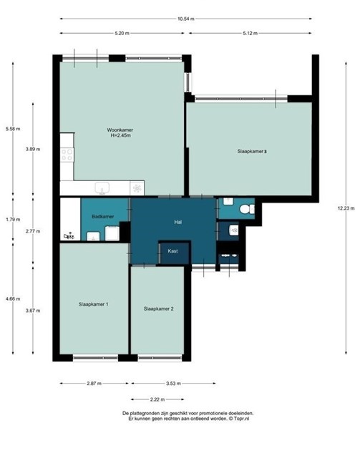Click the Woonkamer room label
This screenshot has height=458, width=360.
point(120,130)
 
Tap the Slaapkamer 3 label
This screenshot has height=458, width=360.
point(252,151)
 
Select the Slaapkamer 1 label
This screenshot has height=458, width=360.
point(94,304)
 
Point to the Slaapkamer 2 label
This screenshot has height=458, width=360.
point(159,308)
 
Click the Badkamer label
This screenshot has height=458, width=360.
point(102,216)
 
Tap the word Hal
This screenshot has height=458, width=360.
point(178,222)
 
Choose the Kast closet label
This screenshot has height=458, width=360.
point(172,251)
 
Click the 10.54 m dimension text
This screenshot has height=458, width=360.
point(185,19)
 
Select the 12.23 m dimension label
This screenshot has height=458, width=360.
point(346,208)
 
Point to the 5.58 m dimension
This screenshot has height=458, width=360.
point(13,129)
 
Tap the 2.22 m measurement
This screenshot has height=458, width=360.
point(157,399)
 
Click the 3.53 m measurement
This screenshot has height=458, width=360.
point(173,384)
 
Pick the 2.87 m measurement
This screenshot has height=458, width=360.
point(94,384)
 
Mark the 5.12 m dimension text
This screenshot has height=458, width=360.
point(250,33)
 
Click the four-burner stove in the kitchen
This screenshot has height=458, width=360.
point(67,155)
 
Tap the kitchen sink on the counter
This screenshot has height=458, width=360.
point(102,188)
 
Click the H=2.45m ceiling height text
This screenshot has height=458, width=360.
point(120,135)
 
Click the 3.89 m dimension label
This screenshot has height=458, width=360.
point(33,149)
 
